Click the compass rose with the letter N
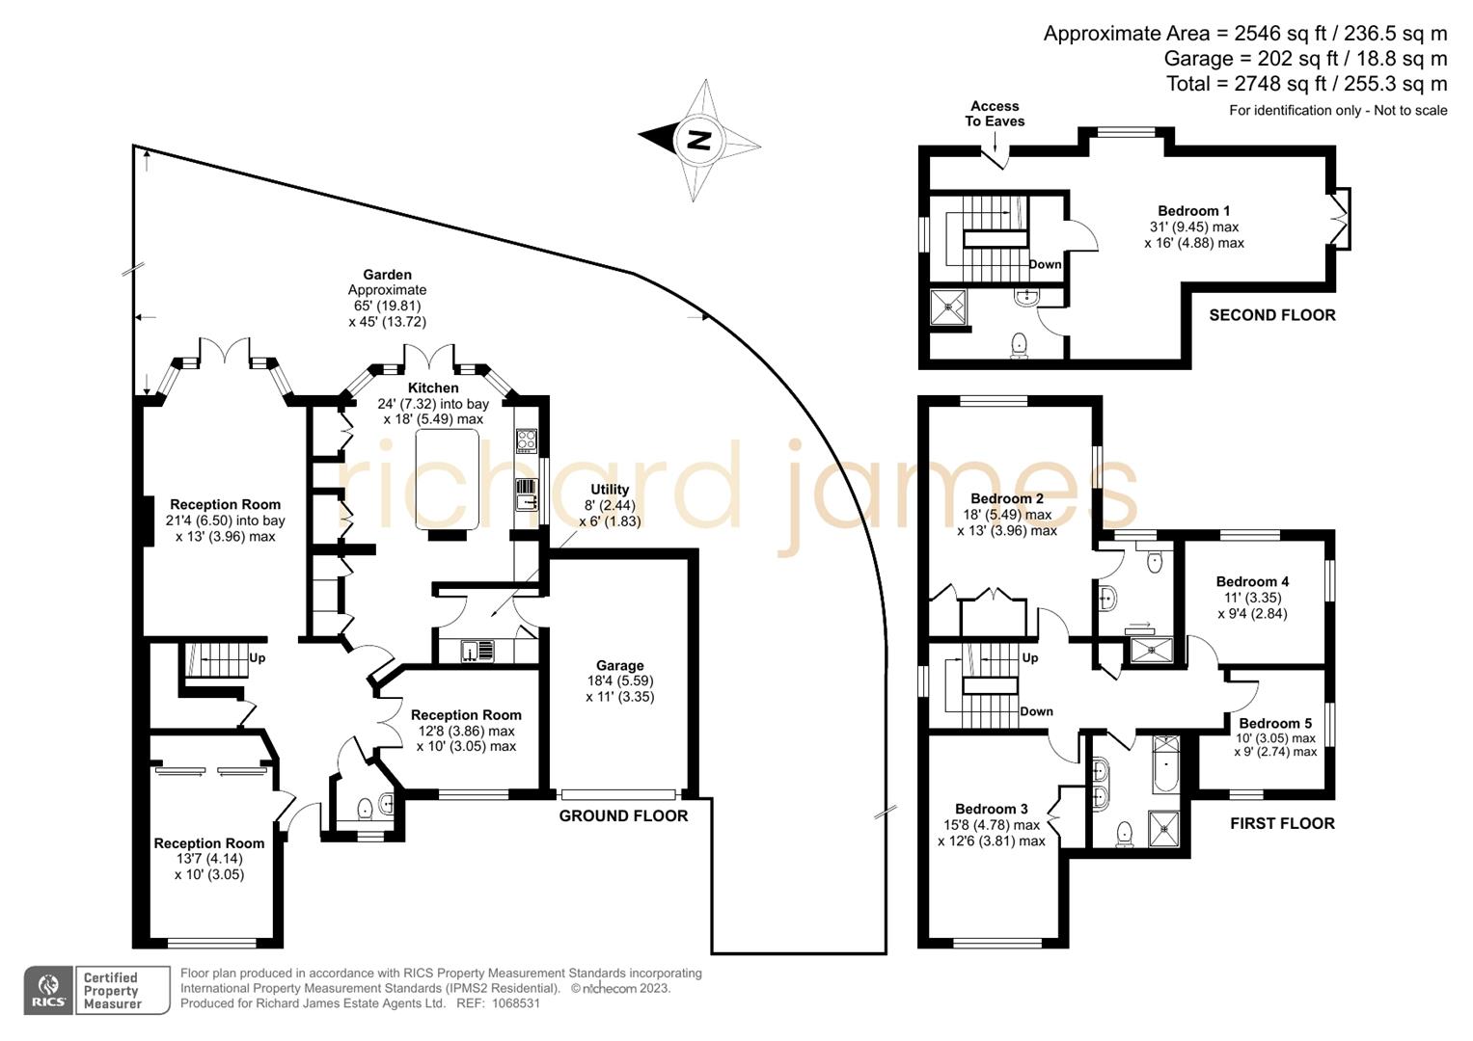tap(698, 141)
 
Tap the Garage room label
tap(619, 666)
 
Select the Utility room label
tap(610, 490)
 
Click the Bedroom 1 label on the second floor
tap(1193, 211)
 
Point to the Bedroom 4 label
tap(1252, 581)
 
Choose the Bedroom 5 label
tap(1275, 723)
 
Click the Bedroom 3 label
tap(991, 809)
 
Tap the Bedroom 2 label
tap(1006, 498)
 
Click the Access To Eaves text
tap(995, 114)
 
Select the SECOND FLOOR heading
tap(1271, 315)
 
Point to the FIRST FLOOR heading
tap(1282, 823)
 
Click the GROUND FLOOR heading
tap(623, 815)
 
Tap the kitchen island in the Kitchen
tap(448, 479)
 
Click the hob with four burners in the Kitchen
tap(527, 440)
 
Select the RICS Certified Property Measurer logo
tap(96, 990)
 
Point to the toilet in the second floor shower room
tap(1019, 344)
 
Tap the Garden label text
tap(387, 275)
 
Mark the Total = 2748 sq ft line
tap(1306, 84)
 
